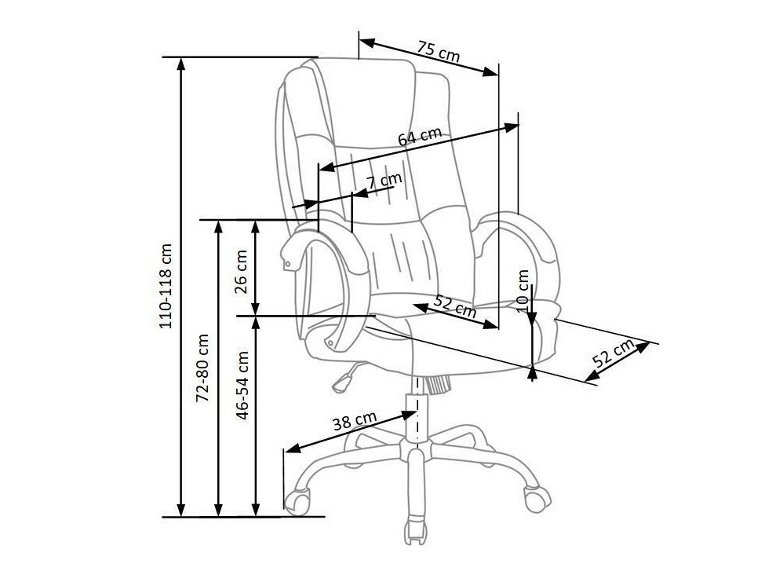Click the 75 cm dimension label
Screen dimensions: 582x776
[x=438, y=52]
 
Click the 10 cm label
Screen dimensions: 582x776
[x=524, y=288]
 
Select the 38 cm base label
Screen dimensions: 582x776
[x=355, y=422]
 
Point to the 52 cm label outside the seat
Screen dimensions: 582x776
[x=614, y=356]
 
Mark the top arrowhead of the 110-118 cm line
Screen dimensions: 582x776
[x=182, y=63]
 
